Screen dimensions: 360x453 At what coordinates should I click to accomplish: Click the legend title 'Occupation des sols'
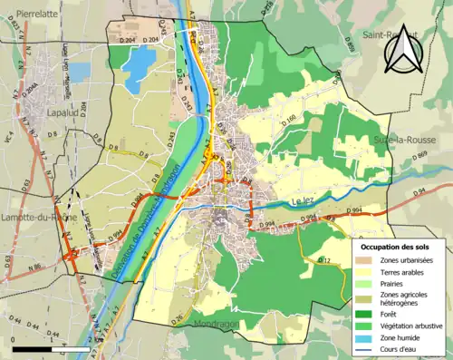[x=395, y=246]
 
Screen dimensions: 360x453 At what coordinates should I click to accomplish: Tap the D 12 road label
[x=327, y=262]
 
